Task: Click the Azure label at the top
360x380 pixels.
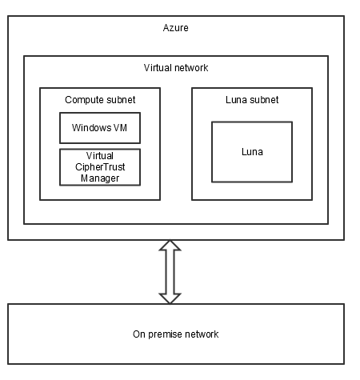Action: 175,28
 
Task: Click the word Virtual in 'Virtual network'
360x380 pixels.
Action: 157,68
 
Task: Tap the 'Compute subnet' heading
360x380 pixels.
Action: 99,100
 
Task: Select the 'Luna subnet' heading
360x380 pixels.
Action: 251,100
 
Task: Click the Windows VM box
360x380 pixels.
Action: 100,127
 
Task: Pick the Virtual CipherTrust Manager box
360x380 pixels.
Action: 100,166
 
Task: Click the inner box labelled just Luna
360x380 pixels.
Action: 251,151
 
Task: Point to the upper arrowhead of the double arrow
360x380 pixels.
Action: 170,247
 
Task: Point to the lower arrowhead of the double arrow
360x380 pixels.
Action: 170,297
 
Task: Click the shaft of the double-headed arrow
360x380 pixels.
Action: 170,272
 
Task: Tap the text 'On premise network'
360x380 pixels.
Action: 175,334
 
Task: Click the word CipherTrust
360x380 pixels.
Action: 100,166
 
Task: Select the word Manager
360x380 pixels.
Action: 100,178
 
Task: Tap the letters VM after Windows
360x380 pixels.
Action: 120,127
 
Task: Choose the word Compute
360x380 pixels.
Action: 83,100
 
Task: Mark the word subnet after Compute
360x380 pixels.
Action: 119,100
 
